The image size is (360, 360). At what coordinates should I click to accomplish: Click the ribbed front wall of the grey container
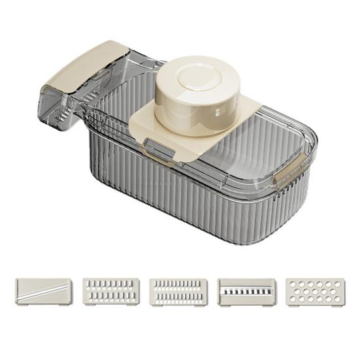pyautogui.click(x=163, y=196)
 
